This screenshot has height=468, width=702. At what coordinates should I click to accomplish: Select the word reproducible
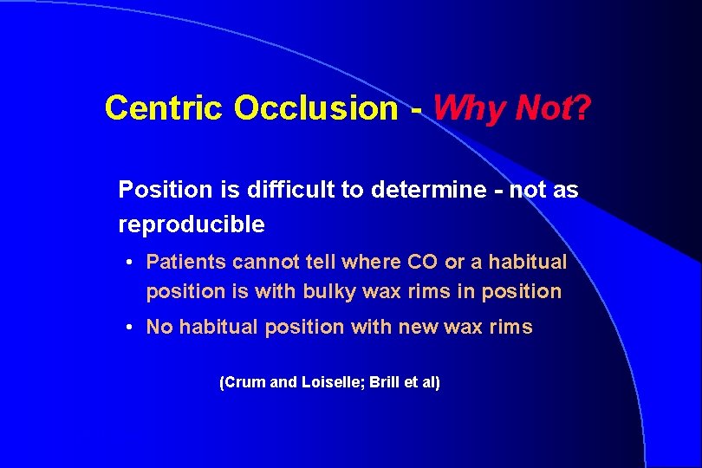click(192, 224)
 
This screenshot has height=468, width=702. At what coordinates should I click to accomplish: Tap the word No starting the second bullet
click(159, 327)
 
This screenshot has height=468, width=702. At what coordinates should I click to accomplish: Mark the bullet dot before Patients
click(127, 262)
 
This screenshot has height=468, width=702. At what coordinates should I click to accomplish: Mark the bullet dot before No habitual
click(127, 327)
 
